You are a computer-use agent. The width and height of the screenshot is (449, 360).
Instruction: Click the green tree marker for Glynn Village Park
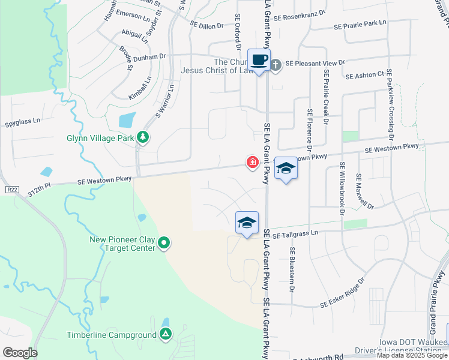coord(143,137)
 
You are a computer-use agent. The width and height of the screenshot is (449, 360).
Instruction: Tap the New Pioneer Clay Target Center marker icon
coord(164,244)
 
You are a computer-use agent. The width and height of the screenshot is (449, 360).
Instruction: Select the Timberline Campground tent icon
coord(166,334)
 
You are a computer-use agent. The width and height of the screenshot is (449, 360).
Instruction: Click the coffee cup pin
coord(259,60)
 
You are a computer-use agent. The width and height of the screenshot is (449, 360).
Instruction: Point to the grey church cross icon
coord(276,64)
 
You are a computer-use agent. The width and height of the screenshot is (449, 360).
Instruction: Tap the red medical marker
coord(253,162)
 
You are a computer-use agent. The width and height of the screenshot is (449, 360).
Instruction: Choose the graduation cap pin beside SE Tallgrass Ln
coord(247,223)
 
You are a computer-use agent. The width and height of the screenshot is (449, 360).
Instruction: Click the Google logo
coord(20,353)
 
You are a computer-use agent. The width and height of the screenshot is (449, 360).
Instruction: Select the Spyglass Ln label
coord(22,121)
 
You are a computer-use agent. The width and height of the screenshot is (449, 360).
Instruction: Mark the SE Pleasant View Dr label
coord(315,62)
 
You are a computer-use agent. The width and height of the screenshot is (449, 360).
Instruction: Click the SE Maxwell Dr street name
coord(364,191)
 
